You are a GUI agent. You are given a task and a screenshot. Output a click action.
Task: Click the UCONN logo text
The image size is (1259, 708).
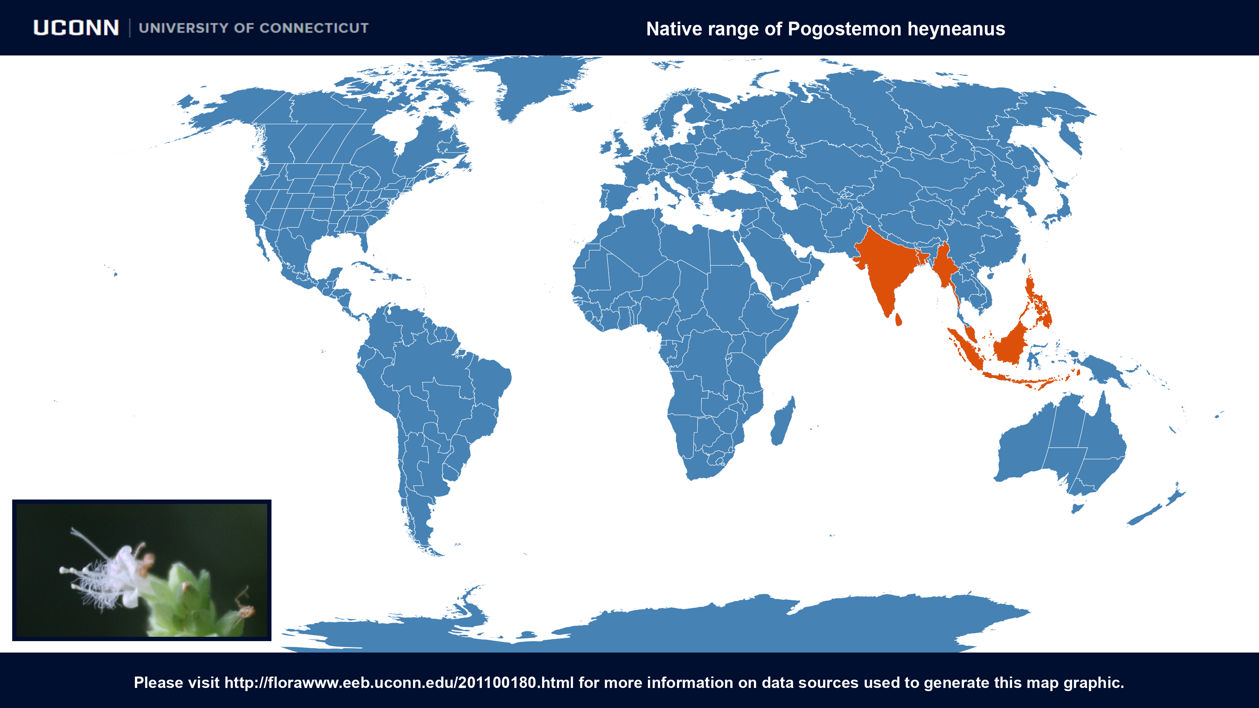76,28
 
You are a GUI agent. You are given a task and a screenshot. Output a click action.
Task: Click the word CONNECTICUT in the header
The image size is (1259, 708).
314,28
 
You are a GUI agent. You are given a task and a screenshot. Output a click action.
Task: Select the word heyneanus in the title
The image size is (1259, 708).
956,29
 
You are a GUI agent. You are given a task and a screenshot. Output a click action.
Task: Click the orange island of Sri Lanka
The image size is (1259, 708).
898,320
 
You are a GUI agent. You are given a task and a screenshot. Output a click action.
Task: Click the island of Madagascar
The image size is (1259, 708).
782,423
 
